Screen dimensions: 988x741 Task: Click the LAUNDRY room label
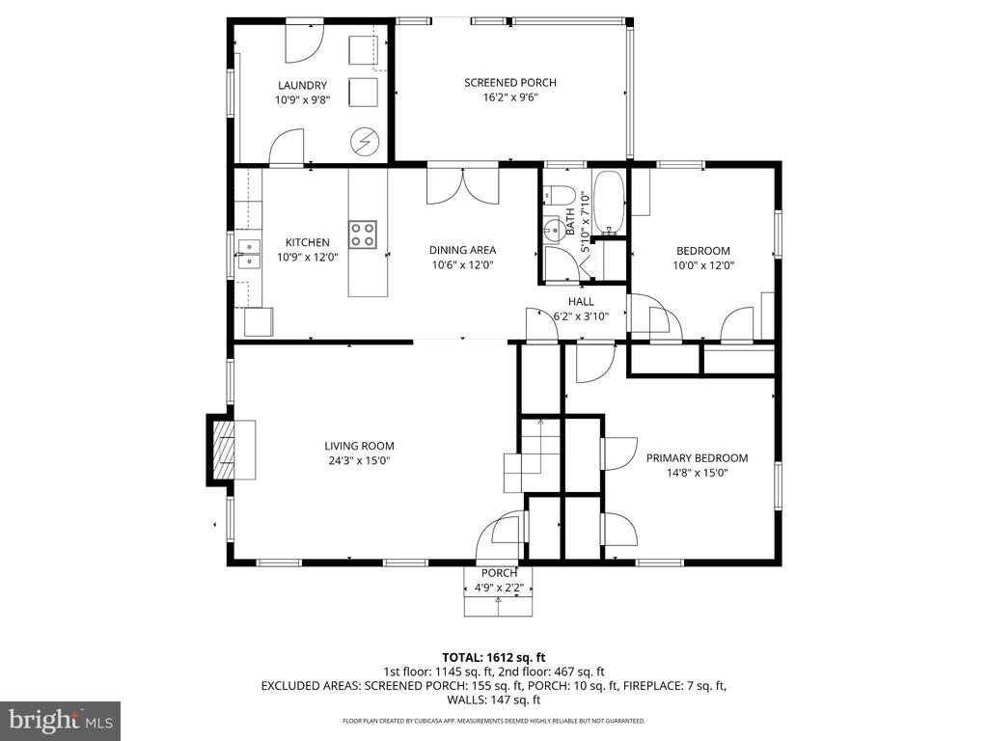pyautogui.click(x=302, y=85)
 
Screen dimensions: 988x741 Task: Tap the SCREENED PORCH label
pyautogui.click(x=510, y=83)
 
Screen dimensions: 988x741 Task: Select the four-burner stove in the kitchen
pyautogui.click(x=363, y=233)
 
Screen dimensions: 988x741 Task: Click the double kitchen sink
pyautogui.click(x=250, y=254)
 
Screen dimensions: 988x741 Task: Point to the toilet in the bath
pyautogui.click(x=558, y=194)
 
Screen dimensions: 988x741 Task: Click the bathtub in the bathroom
pyautogui.click(x=609, y=202)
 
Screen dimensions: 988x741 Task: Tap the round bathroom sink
pyautogui.click(x=553, y=230)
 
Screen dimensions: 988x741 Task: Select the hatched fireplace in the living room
pyautogui.click(x=224, y=450)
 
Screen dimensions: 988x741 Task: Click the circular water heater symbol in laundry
pyautogui.click(x=365, y=141)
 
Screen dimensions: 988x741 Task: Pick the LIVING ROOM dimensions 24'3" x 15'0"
pyautogui.click(x=360, y=460)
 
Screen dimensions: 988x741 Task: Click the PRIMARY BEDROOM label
pyautogui.click(x=697, y=458)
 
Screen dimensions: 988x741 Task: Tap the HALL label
pyautogui.click(x=581, y=302)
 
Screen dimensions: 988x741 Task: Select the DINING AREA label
pyautogui.click(x=462, y=250)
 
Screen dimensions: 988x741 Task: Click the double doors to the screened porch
pyautogui.click(x=463, y=186)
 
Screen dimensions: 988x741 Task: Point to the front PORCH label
pyautogui.click(x=499, y=573)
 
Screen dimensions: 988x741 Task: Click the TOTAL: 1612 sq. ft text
pyautogui.click(x=493, y=658)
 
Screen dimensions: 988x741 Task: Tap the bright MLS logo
pyautogui.click(x=61, y=719)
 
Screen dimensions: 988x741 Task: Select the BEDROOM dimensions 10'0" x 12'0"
pyautogui.click(x=703, y=265)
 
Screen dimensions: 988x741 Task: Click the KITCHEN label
pyautogui.click(x=308, y=242)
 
